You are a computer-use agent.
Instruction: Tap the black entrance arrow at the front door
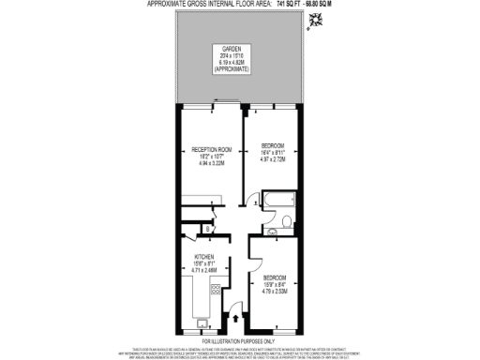[233, 320]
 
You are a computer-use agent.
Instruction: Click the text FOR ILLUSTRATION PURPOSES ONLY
[240, 340]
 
